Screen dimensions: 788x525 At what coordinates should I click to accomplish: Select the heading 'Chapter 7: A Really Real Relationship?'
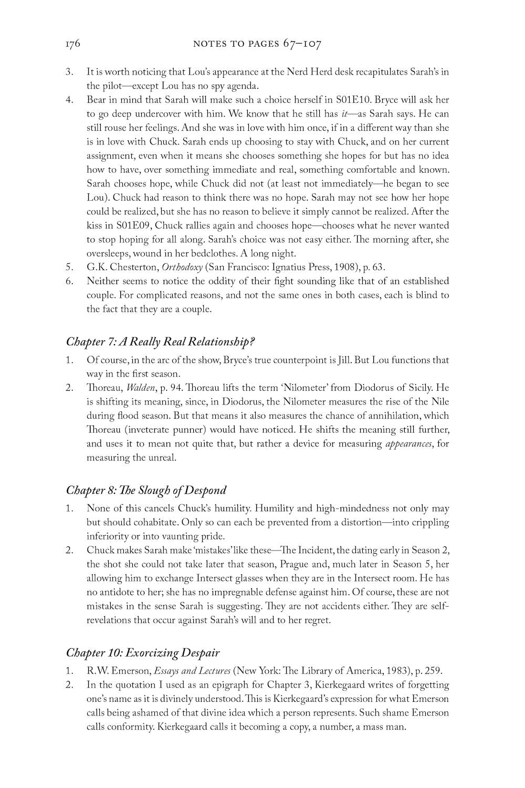click(x=160, y=341)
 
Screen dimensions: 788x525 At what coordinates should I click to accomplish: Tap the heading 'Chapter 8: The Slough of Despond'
click(x=146, y=490)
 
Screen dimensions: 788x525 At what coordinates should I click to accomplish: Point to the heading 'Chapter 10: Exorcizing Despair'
click(x=142, y=653)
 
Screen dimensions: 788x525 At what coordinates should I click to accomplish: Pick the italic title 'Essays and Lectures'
click(x=192, y=671)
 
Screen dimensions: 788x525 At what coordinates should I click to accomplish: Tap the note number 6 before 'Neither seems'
click(x=69, y=281)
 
